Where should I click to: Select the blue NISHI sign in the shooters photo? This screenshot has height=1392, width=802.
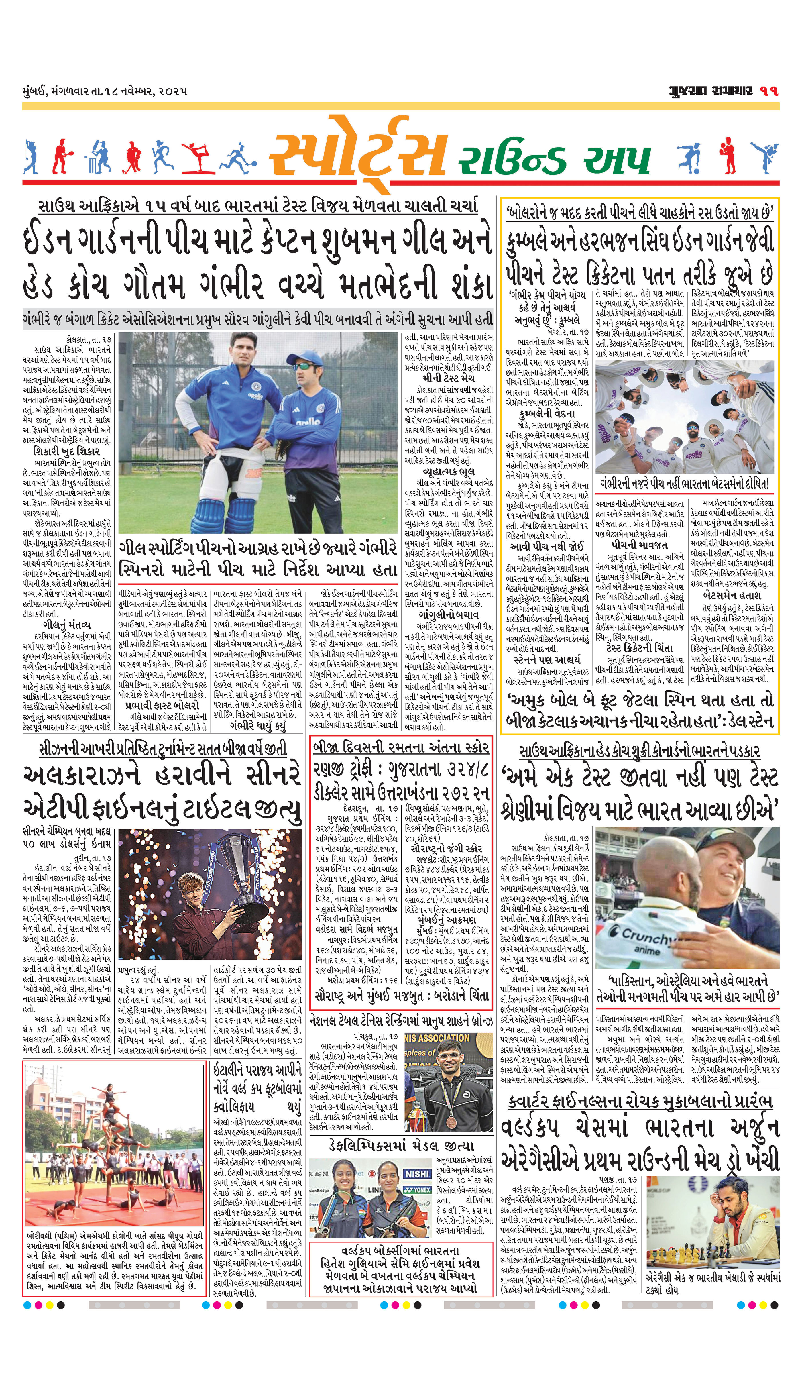pos(417,1174)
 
